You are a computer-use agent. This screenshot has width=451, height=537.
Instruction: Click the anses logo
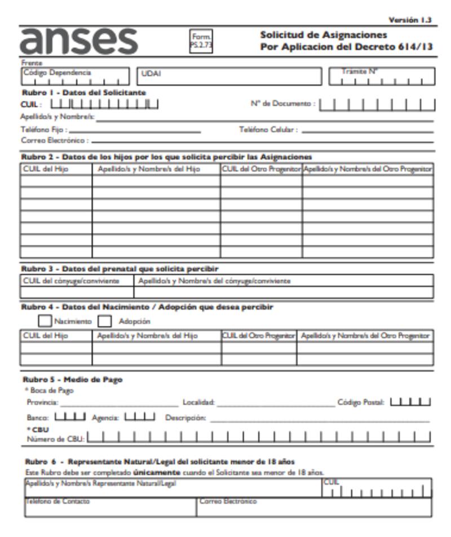(79, 41)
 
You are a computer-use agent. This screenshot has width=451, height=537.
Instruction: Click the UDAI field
(228, 76)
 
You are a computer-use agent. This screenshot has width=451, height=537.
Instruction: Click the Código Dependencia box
(76, 76)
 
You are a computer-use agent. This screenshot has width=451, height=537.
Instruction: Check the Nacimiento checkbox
(45, 321)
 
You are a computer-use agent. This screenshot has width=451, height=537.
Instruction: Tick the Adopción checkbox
(105, 321)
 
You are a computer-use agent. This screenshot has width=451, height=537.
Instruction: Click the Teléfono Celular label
(268, 130)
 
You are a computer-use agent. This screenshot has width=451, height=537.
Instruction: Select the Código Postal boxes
(410, 402)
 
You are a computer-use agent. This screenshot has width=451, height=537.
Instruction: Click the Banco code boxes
(70, 417)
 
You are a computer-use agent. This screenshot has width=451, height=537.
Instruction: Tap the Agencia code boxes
(139, 417)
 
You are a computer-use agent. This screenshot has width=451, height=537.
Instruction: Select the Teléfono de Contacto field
(110, 507)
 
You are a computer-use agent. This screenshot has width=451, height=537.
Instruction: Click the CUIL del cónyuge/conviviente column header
(70, 280)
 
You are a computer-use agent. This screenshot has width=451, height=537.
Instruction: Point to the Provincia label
(42, 402)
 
